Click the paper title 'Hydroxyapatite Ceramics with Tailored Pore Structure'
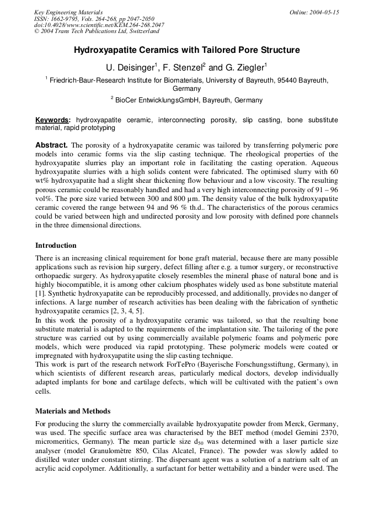(x=187, y=50)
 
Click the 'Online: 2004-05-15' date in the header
(x=314, y=12)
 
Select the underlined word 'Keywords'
(x=52, y=119)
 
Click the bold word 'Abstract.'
(x=51, y=145)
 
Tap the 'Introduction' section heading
(x=56, y=246)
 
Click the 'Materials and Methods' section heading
(x=73, y=411)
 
